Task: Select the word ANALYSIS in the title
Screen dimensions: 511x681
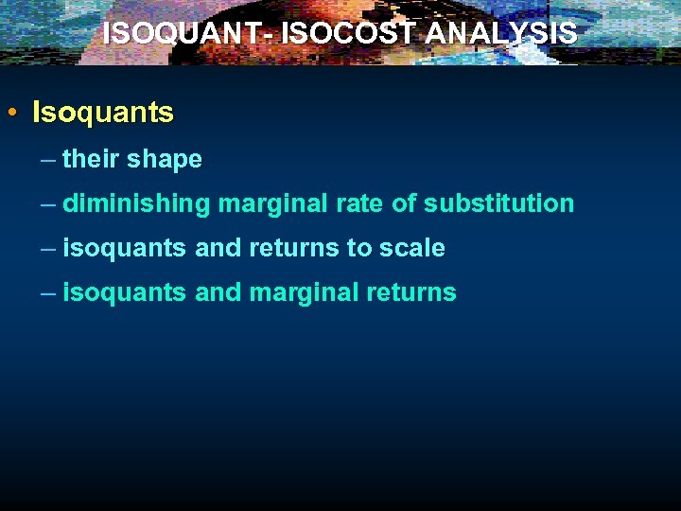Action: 500,34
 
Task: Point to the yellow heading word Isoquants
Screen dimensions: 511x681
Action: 103,113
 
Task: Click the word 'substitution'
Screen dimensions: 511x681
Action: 498,203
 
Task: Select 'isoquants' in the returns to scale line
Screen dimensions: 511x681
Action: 125,248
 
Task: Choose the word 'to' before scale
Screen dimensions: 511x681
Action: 360,248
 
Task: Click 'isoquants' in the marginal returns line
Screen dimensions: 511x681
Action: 125,292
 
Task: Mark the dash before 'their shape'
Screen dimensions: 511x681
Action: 48,159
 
